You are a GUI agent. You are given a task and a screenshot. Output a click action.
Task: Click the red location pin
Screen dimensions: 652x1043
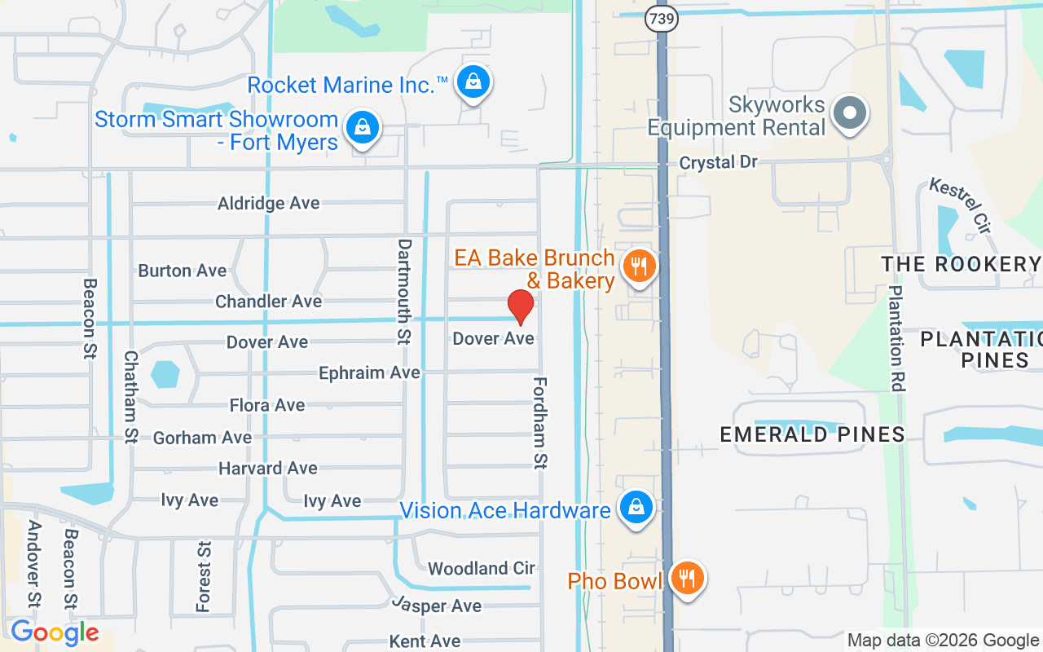coord(521,306)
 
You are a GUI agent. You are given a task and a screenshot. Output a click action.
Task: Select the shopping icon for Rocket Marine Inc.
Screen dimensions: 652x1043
coord(473,81)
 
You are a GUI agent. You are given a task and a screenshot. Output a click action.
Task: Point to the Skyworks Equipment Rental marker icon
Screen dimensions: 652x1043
coord(851,113)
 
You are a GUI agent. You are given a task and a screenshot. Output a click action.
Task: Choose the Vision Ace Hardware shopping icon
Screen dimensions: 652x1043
coord(636,508)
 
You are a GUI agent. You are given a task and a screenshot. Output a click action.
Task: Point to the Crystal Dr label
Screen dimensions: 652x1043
coord(719,162)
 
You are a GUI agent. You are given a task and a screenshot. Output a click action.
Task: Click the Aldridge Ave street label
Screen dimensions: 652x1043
coord(269,203)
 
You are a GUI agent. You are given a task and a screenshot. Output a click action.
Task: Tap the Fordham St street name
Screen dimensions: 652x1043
coord(540,423)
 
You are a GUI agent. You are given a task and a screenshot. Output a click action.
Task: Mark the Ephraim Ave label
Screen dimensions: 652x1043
coord(369,372)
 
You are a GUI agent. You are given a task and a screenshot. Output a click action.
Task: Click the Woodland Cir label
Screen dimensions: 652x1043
coord(481,568)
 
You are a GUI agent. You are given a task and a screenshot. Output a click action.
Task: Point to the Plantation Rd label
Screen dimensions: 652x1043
coord(896,338)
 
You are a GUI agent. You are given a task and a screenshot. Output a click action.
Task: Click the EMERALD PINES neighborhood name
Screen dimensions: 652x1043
coord(812,434)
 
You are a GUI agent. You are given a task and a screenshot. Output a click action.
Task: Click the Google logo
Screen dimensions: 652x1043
coord(55,632)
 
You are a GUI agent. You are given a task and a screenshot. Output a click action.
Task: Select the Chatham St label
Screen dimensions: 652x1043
coord(130,397)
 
